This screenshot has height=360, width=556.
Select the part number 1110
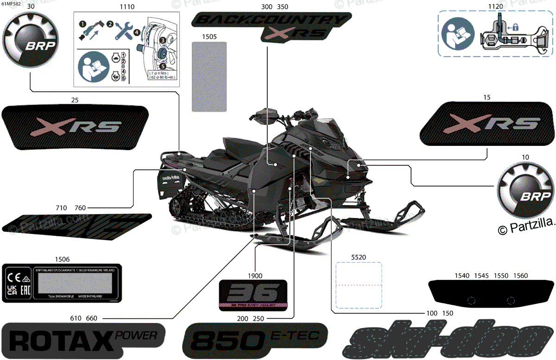(x=126, y=7)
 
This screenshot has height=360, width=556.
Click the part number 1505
(x=209, y=36)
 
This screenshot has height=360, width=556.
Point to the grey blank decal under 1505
(x=209, y=76)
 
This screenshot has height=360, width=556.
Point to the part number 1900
(x=255, y=275)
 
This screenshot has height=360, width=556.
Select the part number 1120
(x=495, y=7)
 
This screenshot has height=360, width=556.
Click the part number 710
(x=61, y=208)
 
